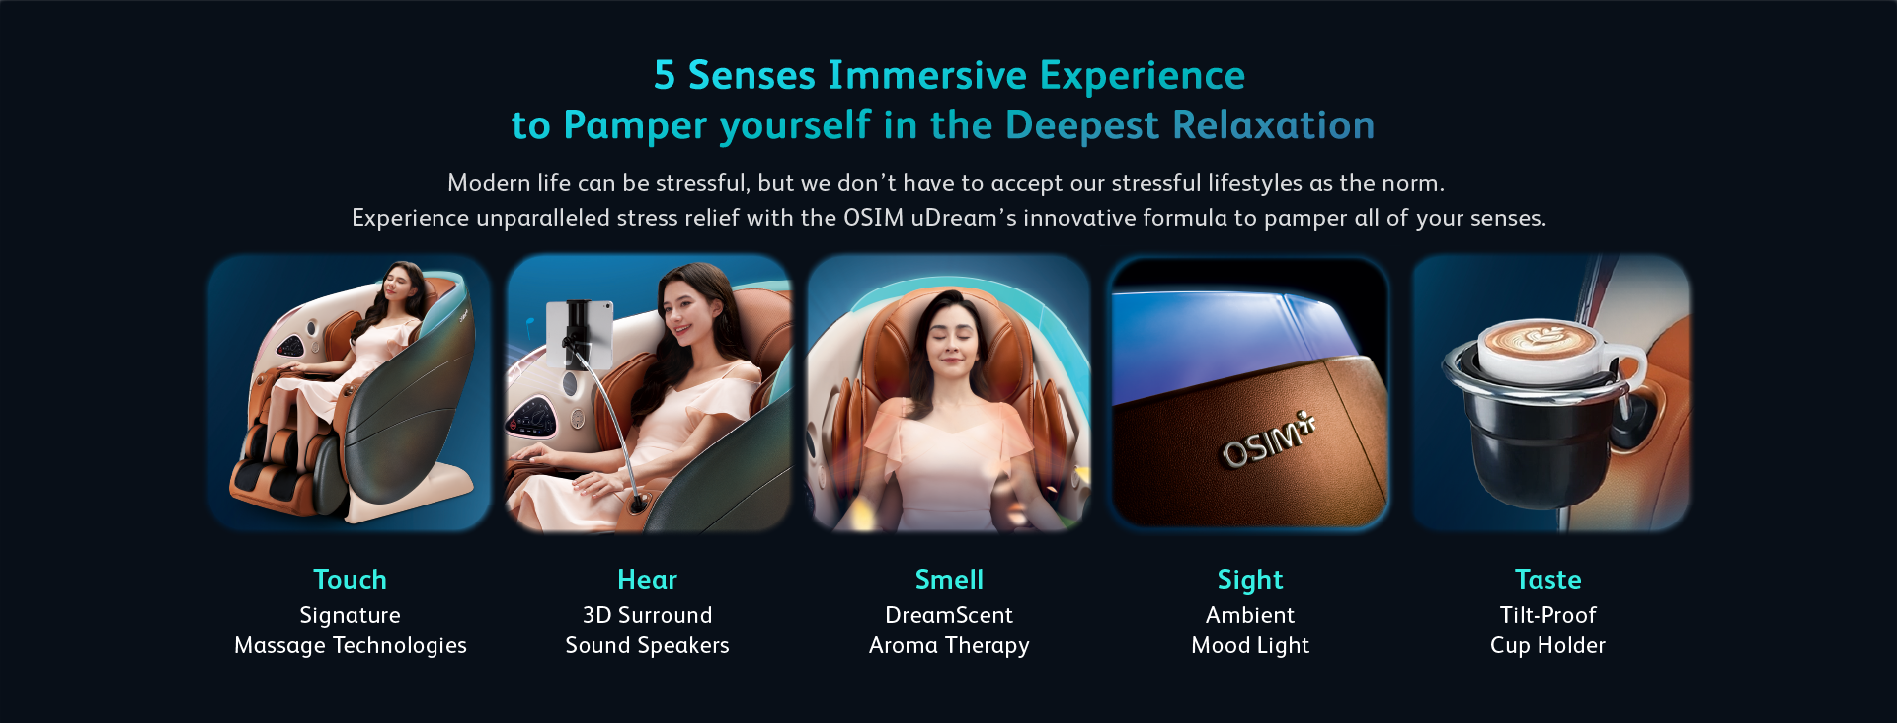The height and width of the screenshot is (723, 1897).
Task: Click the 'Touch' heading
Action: click(x=350, y=579)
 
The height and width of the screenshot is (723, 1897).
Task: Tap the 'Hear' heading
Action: click(x=647, y=579)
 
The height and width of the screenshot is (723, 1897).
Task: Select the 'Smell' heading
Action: click(x=949, y=579)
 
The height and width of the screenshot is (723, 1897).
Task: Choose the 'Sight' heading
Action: click(x=1250, y=580)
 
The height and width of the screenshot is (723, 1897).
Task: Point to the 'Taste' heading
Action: click(x=1547, y=579)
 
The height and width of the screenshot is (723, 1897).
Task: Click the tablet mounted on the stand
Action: click(x=580, y=333)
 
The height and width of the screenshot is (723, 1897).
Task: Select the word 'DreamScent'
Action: click(x=949, y=615)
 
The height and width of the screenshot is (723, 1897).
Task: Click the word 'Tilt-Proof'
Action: click(x=1547, y=615)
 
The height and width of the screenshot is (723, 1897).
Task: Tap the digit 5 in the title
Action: click(x=665, y=75)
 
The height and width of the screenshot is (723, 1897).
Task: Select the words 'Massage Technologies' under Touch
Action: click(x=351, y=646)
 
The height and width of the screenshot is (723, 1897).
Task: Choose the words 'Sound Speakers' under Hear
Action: click(x=647, y=646)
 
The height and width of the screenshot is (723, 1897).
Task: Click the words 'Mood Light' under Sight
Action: click(x=1250, y=646)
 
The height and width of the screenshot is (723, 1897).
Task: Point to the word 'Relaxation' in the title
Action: click(x=1274, y=125)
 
